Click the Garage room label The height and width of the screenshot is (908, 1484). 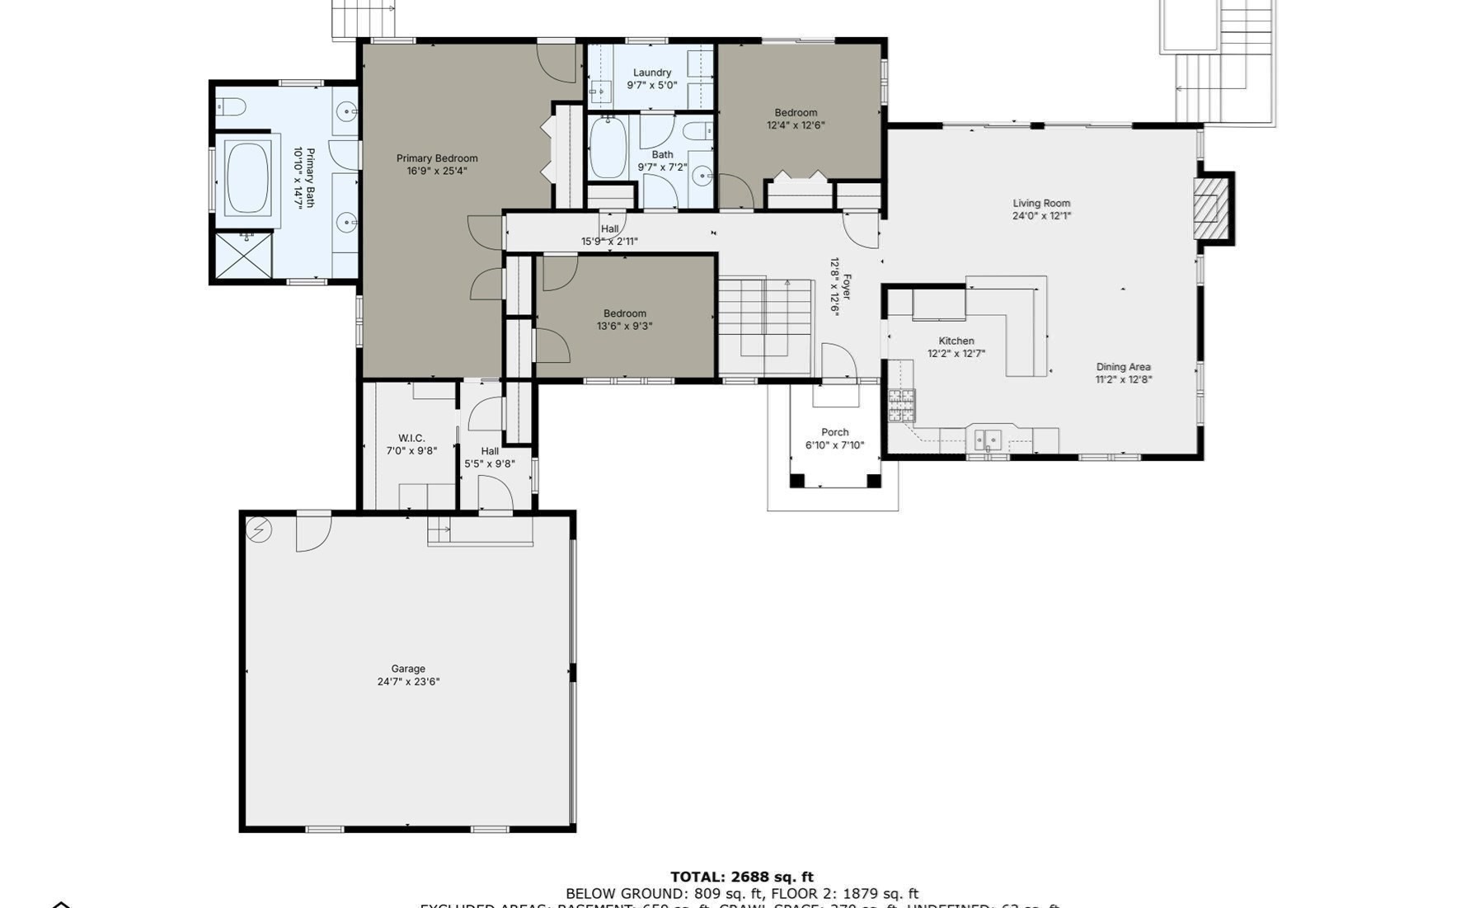click(x=408, y=669)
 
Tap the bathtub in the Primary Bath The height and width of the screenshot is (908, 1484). click(x=247, y=178)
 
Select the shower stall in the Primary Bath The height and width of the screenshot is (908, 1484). click(x=244, y=255)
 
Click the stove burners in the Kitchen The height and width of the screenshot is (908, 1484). click(x=901, y=404)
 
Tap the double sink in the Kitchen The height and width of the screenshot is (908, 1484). click(x=988, y=439)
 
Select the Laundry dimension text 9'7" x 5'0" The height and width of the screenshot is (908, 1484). click(x=651, y=85)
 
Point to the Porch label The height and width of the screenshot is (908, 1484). click(x=834, y=432)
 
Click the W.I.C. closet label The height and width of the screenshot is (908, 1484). click(x=411, y=438)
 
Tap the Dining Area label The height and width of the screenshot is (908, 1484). click(x=1123, y=367)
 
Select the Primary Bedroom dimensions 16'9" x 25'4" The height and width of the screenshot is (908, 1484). click(x=437, y=172)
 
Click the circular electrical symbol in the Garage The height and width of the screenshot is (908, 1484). click(x=259, y=529)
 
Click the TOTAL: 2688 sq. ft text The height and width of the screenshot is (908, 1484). click(x=741, y=877)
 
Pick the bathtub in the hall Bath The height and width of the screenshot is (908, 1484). click(x=608, y=148)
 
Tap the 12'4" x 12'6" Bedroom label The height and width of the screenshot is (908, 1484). click(x=796, y=113)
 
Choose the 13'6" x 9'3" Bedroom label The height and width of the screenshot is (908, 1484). click(x=624, y=313)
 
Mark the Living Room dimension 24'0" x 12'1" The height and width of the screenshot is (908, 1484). click(x=1041, y=216)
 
